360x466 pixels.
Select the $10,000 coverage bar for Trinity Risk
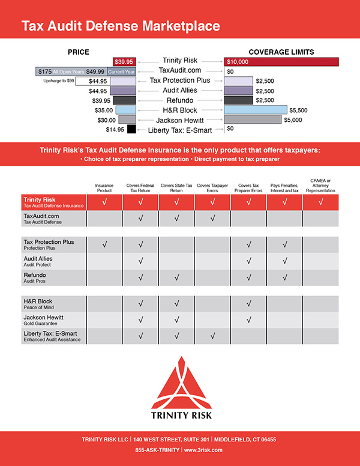pyautogui.click(x=281, y=61)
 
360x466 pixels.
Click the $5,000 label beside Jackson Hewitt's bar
pyautogui.click(x=293, y=120)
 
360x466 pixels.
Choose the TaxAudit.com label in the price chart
pyautogui.click(x=181, y=71)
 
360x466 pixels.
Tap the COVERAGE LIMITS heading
pyautogui.click(x=281, y=52)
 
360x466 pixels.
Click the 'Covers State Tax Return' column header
pyautogui.click(x=176, y=187)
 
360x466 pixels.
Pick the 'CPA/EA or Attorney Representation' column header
pyautogui.click(x=321, y=185)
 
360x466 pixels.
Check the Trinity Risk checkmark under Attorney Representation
pyautogui.click(x=321, y=202)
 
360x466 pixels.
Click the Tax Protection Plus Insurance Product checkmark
pyautogui.click(x=104, y=245)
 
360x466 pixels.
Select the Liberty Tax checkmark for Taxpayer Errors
pyautogui.click(x=212, y=336)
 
